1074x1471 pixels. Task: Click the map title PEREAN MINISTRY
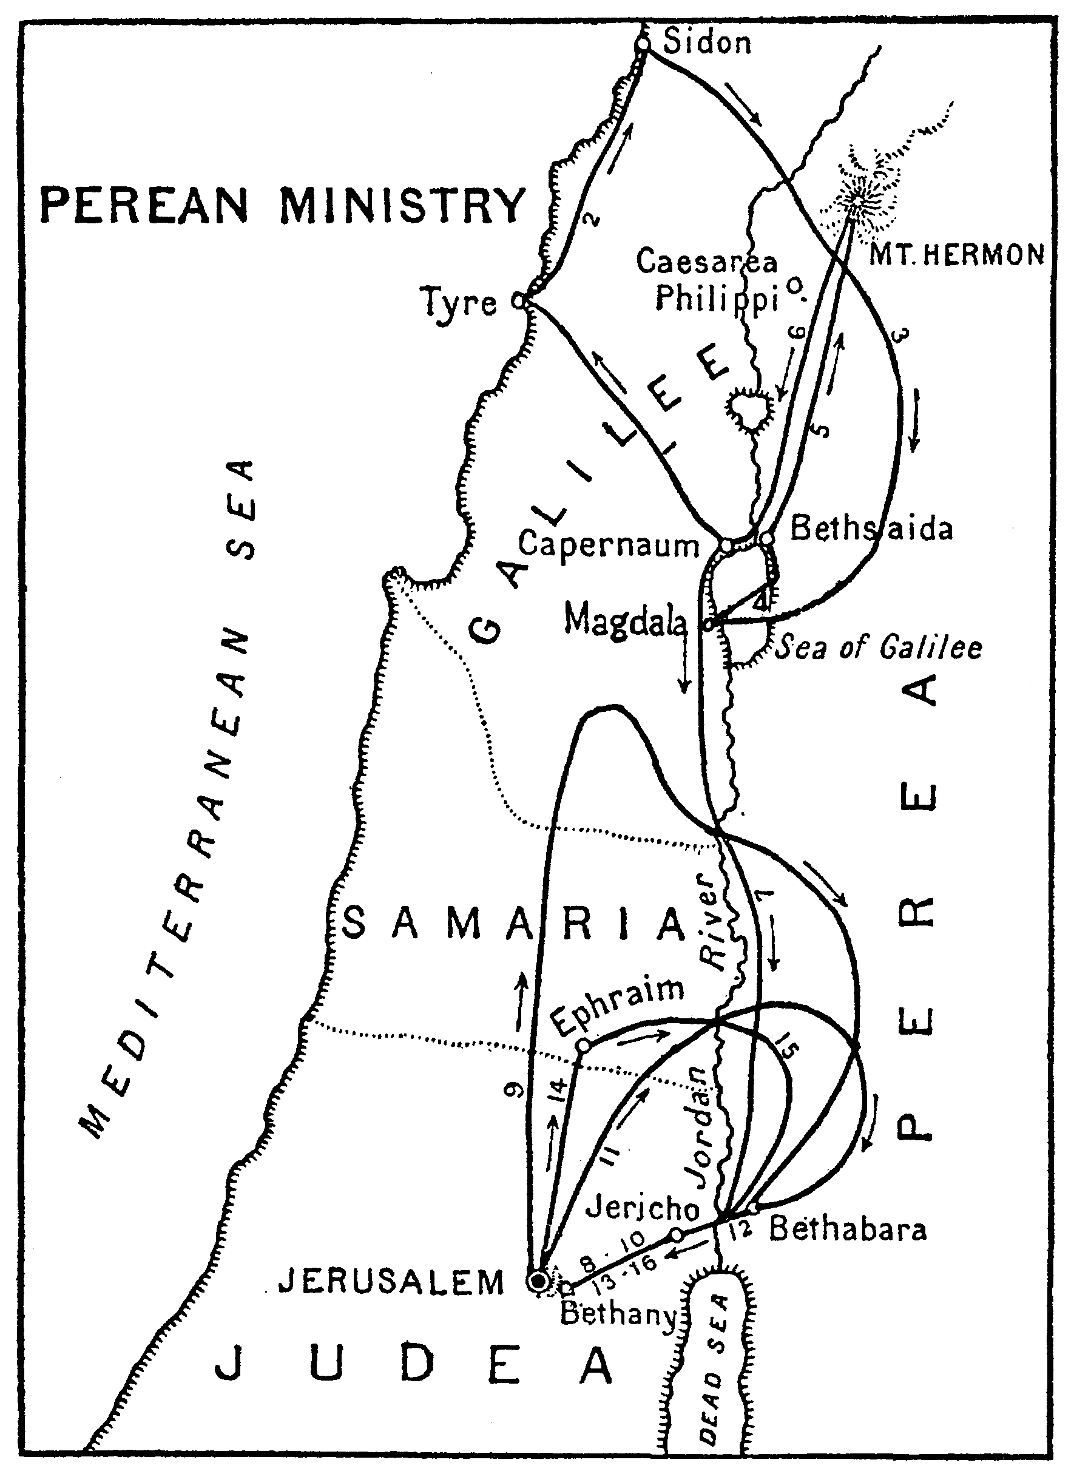(x=282, y=204)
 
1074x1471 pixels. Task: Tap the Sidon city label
(x=707, y=43)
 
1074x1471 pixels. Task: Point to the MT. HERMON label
(x=956, y=255)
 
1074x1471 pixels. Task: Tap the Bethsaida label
(x=871, y=529)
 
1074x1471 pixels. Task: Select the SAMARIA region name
(x=513, y=924)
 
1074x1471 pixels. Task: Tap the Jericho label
(x=643, y=1208)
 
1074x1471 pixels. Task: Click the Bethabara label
(x=847, y=1229)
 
